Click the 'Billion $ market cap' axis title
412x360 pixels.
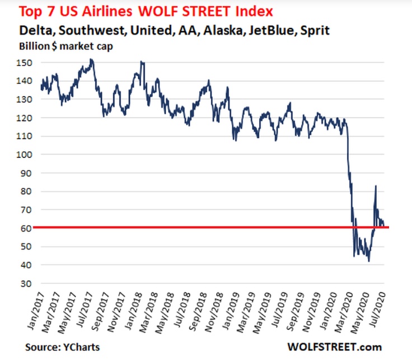(65, 46)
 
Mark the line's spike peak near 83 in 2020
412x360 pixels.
(376, 186)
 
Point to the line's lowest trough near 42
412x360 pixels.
(368, 261)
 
